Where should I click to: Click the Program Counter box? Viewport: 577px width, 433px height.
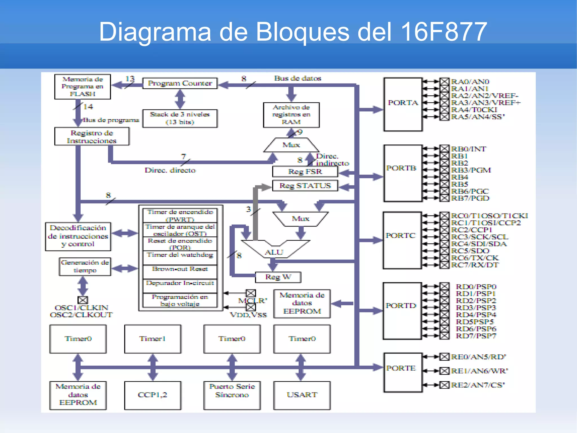[180, 83]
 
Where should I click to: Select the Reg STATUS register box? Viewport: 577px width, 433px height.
[305, 186]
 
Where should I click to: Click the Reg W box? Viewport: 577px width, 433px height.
[278, 277]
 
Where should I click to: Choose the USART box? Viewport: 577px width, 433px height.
[302, 395]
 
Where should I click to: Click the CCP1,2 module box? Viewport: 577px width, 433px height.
[152, 395]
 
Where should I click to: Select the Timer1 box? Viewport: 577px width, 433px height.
[152, 339]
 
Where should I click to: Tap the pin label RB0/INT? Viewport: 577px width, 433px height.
[468, 149]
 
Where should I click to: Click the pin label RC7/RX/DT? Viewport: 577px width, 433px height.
[475, 265]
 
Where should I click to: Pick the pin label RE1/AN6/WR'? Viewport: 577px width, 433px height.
[479, 371]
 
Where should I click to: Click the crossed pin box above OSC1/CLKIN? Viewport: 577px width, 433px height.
[83, 300]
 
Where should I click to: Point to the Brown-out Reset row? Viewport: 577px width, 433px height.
[180, 269]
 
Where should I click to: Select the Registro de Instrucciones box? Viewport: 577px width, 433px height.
[92, 137]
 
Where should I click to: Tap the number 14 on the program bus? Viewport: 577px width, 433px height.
[88, 107]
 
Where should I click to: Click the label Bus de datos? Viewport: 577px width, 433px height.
[298, 78]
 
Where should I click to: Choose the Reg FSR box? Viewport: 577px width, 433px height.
[305, 172]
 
